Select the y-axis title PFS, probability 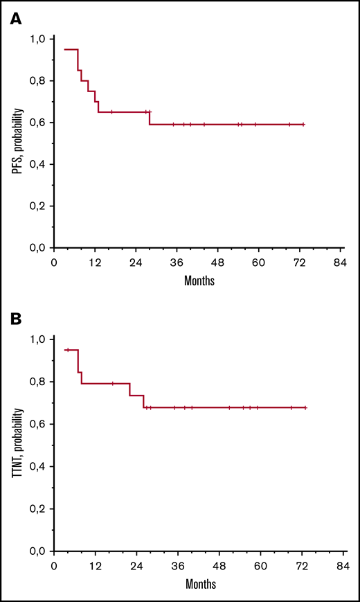[x=25, y=143]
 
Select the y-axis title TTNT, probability [x=25, y=445]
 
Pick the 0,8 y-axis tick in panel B [x=41, y=382]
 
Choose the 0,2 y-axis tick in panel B [x=41, y=508]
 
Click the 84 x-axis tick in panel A [x=340, y=264]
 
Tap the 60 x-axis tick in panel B [x=258, y=567]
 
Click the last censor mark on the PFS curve [x=303, y=125]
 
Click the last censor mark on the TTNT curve [x=305, y=427]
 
